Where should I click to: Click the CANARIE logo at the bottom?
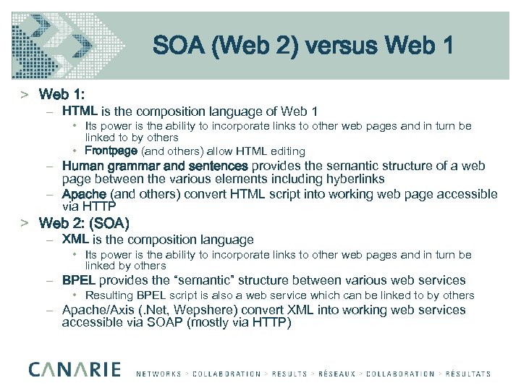(x=75, y=369)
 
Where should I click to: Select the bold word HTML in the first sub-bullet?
(x=80, y=112)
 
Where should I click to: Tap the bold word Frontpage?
(x=111, y=151)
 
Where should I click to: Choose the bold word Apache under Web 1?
(x=85, y=194)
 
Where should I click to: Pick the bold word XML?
(x=76, y=239)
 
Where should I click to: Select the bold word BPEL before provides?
(x=79, y=280)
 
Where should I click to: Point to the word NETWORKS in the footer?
(x=159, y=374)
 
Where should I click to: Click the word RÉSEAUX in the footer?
(x=336, y=374)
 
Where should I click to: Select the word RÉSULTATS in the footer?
(x=466, y=374)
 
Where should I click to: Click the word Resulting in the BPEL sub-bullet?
(x=109, y=295)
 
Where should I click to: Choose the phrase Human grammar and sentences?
(x=155, y=166)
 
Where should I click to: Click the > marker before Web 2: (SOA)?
(x=25, y=223)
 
